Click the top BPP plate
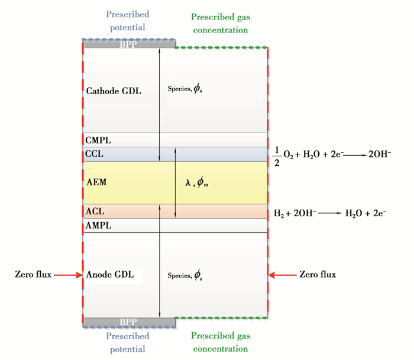tap(128, 44)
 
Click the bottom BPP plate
tap(128, 322)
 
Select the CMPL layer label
tap(98, 141)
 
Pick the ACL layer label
tap(95, 211)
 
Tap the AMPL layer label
tap(98, 226)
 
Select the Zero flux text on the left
tap(33, 275)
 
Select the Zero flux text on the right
tap(318, 275)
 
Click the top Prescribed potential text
tap(127, 20)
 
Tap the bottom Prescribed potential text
tap(127, 342)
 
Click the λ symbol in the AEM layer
tap(187, 184)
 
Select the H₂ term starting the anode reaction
tap(279, 212)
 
